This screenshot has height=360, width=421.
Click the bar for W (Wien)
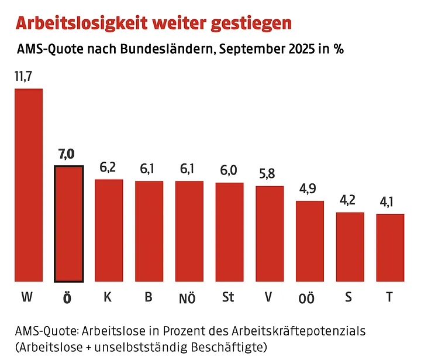point(29,185)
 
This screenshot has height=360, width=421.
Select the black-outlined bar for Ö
point(68,224)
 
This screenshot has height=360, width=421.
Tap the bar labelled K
point(109,230)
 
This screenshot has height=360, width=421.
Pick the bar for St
point(229,232)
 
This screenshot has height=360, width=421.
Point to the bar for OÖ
point(310,241)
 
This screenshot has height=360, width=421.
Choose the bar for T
point(390,248)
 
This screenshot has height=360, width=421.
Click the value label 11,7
point(24,77)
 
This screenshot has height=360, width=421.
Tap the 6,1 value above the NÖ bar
point(189,169)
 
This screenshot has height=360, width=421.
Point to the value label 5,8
point(269,174)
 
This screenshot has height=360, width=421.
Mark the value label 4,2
point(350,200)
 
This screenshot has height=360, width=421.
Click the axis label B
point(149,297)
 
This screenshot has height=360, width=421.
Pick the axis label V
point(268,297)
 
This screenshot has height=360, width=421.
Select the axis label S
point(349,297)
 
